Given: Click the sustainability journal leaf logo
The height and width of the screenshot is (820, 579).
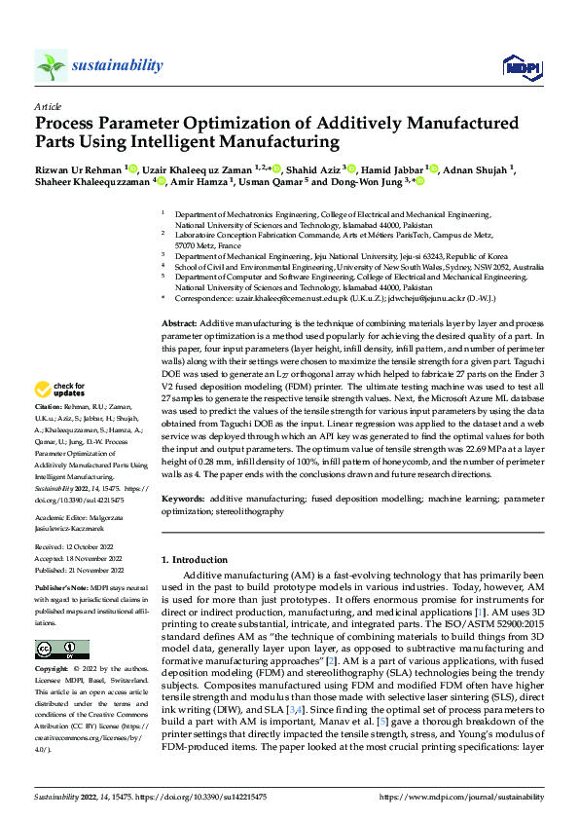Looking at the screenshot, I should click(52, 66).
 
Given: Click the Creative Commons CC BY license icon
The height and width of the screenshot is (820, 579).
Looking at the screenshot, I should click(55, 650).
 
